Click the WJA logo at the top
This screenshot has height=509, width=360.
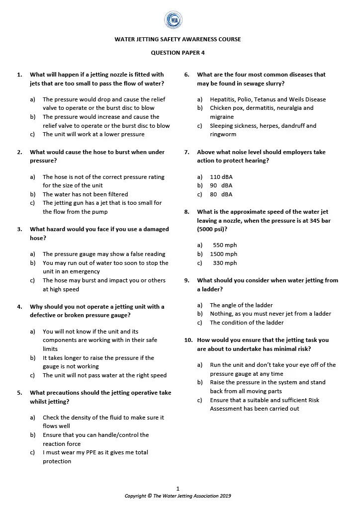174,20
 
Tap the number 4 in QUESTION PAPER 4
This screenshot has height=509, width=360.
203,52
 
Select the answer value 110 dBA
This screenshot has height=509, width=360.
221,177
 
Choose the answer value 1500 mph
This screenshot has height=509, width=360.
223,254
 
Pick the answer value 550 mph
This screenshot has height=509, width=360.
225,245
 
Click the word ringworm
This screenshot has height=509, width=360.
223,134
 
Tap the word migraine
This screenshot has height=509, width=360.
222,117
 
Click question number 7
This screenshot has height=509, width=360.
187,152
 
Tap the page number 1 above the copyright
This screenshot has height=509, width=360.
178,489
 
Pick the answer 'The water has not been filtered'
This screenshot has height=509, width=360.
85,194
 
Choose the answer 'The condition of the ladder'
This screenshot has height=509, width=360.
247,323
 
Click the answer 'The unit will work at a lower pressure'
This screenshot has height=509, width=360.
93,134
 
